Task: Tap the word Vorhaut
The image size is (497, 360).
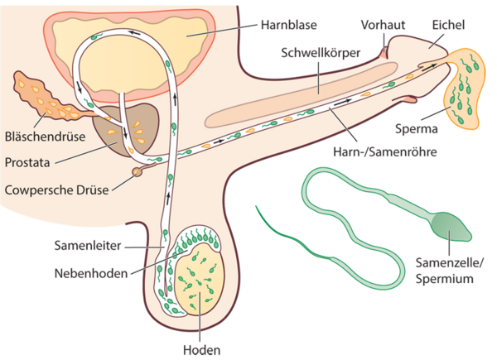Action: point(382,25)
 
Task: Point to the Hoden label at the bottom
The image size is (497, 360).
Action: point(201,349)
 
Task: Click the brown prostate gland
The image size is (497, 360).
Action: point(116,132)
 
